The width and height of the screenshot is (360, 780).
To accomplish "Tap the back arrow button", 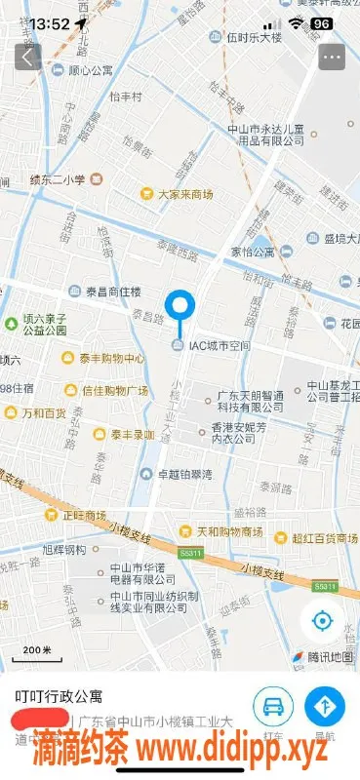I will tap(26, 57).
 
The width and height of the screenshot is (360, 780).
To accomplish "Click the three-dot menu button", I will tap(332, 57).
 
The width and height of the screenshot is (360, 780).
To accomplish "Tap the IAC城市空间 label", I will tap(220, 346).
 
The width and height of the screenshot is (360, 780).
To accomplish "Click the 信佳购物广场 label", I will tap(114, 391).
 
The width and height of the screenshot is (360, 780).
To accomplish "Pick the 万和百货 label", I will tap(44, 413).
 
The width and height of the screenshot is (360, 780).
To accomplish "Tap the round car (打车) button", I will tap(275, 707).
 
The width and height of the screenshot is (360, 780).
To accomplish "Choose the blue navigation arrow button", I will tap(326, 707).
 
